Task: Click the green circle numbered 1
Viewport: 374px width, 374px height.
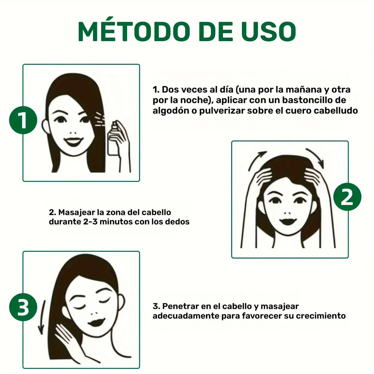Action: click(x=23, y=120)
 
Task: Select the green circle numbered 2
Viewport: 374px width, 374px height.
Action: click(x=347, y=197)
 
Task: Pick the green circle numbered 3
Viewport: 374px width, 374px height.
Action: click(x=23, y=307)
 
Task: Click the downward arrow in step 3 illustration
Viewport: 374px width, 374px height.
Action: click(x=42, y=318)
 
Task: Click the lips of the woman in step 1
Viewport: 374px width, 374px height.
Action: click(x=73, y=142)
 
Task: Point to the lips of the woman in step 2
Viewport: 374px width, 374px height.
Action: click(x=288, y=222)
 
